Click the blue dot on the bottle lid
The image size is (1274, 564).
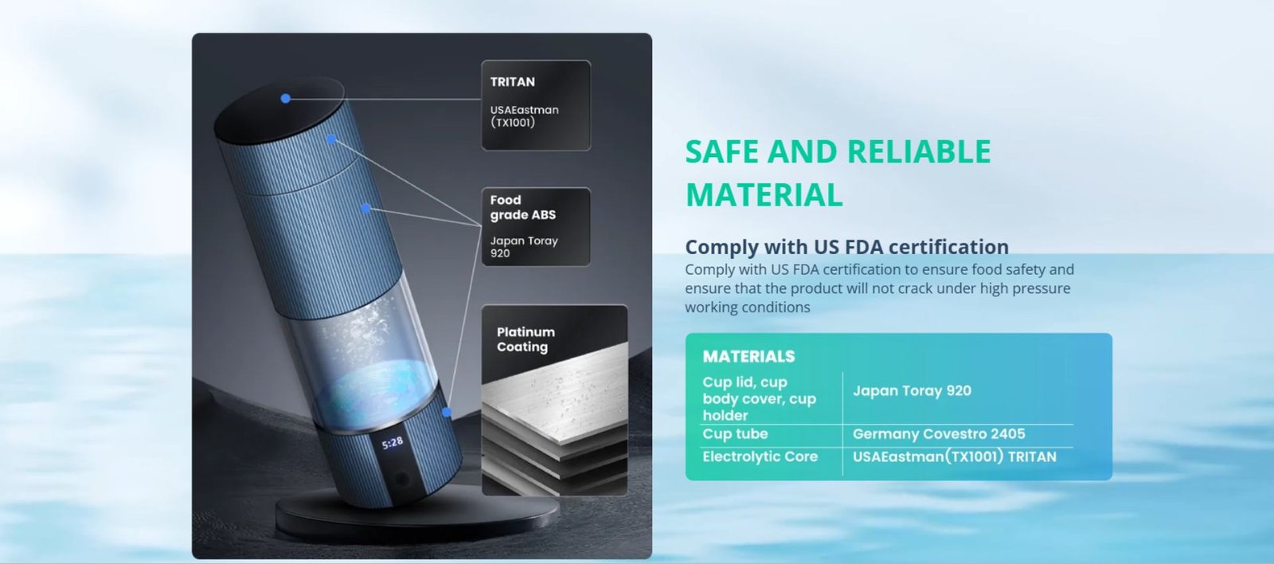coord(286,99)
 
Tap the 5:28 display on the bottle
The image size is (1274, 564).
coord(393,443)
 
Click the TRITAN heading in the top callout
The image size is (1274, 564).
coord(513,82)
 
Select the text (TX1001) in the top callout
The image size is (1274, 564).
coord(513,123)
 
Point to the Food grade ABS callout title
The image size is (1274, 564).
coord(522,207)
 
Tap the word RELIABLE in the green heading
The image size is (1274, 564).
coord(919,151)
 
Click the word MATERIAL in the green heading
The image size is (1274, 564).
coord(764,195)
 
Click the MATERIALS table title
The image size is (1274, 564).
coord(748,356)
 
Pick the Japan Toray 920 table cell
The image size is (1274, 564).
coord(912,390)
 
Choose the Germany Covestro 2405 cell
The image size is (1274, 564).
coord(939,433)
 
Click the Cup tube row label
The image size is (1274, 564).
coord(735,433)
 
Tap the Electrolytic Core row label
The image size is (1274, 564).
coord(760,456)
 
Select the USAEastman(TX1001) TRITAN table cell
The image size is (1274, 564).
coord(955,456)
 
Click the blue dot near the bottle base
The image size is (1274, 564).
coord(447,412)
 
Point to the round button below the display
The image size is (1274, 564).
coord(402,480)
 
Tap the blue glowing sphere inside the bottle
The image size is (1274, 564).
coord(375,393)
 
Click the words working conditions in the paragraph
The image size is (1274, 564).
coord(748,307)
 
